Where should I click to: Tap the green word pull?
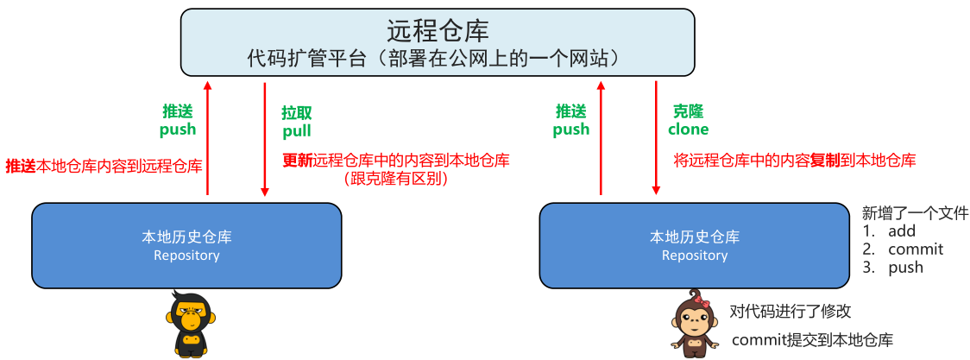coord(296,131)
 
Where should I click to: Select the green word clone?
coord(688,129)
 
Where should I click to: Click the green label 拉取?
coord(296,113)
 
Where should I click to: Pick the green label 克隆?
coord(688,111)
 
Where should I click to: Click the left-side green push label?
coord(178,129)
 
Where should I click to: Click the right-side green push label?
coord(570,129)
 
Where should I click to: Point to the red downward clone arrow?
coord(657,138)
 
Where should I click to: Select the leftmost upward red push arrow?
coord(207,138)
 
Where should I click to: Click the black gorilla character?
coord(188,325)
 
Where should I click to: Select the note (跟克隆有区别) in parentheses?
coord(396,179)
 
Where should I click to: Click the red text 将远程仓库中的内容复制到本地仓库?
coord(794,160)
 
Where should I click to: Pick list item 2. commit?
coord(904,249)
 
